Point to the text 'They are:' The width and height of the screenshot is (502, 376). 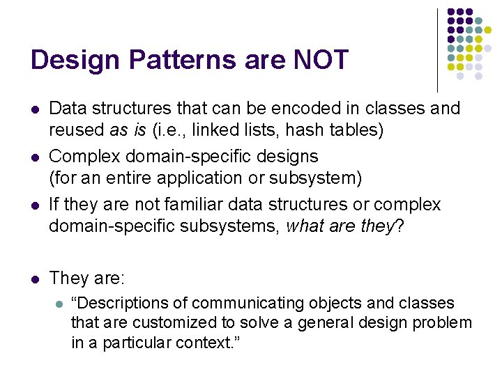(87, 279)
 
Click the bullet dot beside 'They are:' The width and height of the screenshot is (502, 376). (35, 279)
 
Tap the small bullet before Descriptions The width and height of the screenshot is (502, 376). (59, 304)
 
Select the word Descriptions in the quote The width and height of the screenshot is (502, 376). (130, 303)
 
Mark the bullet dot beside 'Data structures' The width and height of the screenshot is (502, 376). (35, 109)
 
